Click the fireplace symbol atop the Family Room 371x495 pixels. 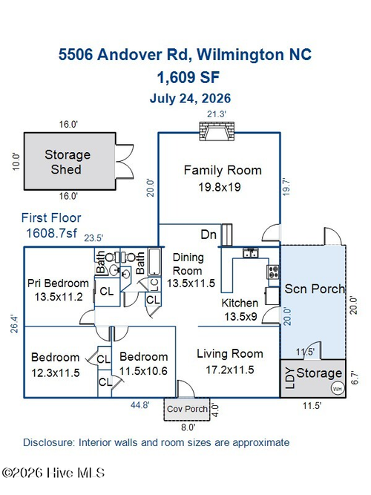[x=217, y=131]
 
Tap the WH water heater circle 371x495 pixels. [x=337, y=388]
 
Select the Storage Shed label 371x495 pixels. [x=68, y=162]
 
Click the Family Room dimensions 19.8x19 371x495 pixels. [x=220, y=187]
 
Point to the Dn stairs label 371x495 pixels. [x=209, y=235]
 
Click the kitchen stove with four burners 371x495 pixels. [x=274, y=272]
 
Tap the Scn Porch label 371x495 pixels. [x=315, y=289]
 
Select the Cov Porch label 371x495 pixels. [x=187, y=409]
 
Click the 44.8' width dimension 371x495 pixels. [x=140, y=405]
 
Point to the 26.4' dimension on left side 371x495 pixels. [x=14, y=324]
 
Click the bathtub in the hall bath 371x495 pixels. [x=155, y=262]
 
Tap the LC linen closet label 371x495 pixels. [x=155, y=285]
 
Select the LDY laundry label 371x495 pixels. [x=289, y=378]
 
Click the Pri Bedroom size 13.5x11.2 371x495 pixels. [x=59, y=297]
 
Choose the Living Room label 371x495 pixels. [x=230, y=353]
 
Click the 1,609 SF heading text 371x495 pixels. [x=188, y=77]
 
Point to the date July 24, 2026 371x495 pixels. [x=190, y=98]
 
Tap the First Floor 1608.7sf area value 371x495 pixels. [x=51, y=233]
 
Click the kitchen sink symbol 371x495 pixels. [x=251, y=253]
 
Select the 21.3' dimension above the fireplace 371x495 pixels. [x=216, y=114]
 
